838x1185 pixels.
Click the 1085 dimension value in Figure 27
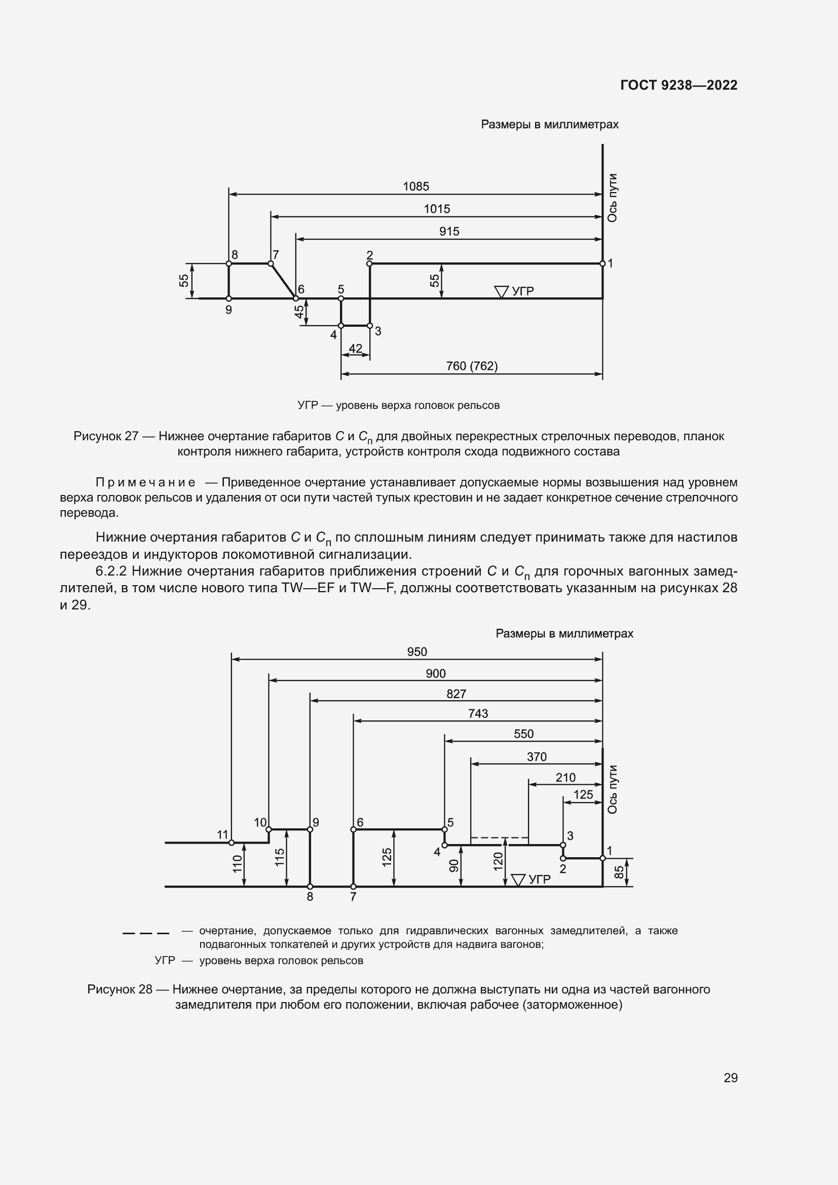click(x=416, y=186)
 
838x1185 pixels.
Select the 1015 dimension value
click(x=437, y=209)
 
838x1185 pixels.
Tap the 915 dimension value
click(x=449, y=232)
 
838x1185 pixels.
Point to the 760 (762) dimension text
click(x=472, y=366)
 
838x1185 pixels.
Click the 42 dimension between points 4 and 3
click(x=356, y=349)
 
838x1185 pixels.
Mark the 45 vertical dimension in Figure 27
click(x=299, y=312)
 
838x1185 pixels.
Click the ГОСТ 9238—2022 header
click(x=678, y=85)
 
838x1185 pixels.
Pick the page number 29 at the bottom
click(x=730, y=1078)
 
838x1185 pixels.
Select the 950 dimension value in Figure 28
click(x=417, y=652)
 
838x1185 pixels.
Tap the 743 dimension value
click(x=478, y=713)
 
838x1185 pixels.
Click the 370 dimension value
click(x=537, y=756)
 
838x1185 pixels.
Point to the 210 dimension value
click(x=565, y=777)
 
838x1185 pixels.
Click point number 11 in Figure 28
click(x=222, y=834)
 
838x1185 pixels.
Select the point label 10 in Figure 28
click(x=260, y=822)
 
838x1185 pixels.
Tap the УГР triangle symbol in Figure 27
click(x=501, y=292)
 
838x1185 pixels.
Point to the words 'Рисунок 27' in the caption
click(x=106, y=436)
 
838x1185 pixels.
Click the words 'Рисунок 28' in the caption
click(x=120, y=989)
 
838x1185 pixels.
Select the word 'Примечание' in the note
click(x=145, y=483)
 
